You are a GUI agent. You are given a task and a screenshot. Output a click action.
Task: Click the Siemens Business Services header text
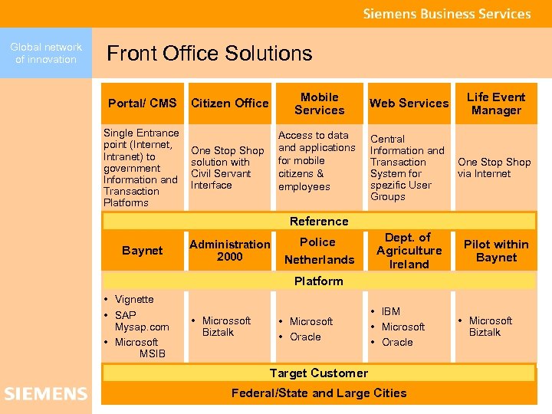pos(446,14)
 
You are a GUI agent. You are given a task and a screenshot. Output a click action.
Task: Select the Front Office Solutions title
pos(209,53)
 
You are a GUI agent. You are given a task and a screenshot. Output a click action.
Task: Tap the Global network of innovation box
pos(46,53)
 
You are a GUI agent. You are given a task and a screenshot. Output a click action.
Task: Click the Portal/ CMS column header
pos(143,103)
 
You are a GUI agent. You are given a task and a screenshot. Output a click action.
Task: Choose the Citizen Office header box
pos(229,103)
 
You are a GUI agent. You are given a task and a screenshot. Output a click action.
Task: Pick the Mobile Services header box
pos(319,103)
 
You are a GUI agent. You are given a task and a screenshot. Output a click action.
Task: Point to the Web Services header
pos(409,103)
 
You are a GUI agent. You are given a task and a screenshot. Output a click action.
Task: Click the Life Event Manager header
pos(496,103)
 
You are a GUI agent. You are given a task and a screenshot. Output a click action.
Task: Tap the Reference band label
pos(319,222)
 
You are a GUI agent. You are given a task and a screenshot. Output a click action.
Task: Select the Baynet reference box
pos(143,251)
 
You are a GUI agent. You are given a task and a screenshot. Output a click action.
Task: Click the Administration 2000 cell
pos(229,251)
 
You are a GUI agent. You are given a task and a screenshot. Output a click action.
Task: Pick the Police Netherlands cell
pos(319,251)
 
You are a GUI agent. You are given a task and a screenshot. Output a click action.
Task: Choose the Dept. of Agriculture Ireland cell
pos(409,251)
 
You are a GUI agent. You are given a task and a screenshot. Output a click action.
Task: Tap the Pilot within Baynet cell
pos(496,251)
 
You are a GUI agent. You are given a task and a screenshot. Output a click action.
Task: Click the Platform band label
pos(319,281)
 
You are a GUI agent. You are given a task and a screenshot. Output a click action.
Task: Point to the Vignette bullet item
pos(133,299)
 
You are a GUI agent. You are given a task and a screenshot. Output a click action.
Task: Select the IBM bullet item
pos(391,311)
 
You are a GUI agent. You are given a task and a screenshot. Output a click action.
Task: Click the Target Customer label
pos(319,373)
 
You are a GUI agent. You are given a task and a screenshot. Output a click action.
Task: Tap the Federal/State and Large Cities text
pos(319,393)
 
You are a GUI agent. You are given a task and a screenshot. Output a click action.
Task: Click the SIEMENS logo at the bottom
pos(46,394)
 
